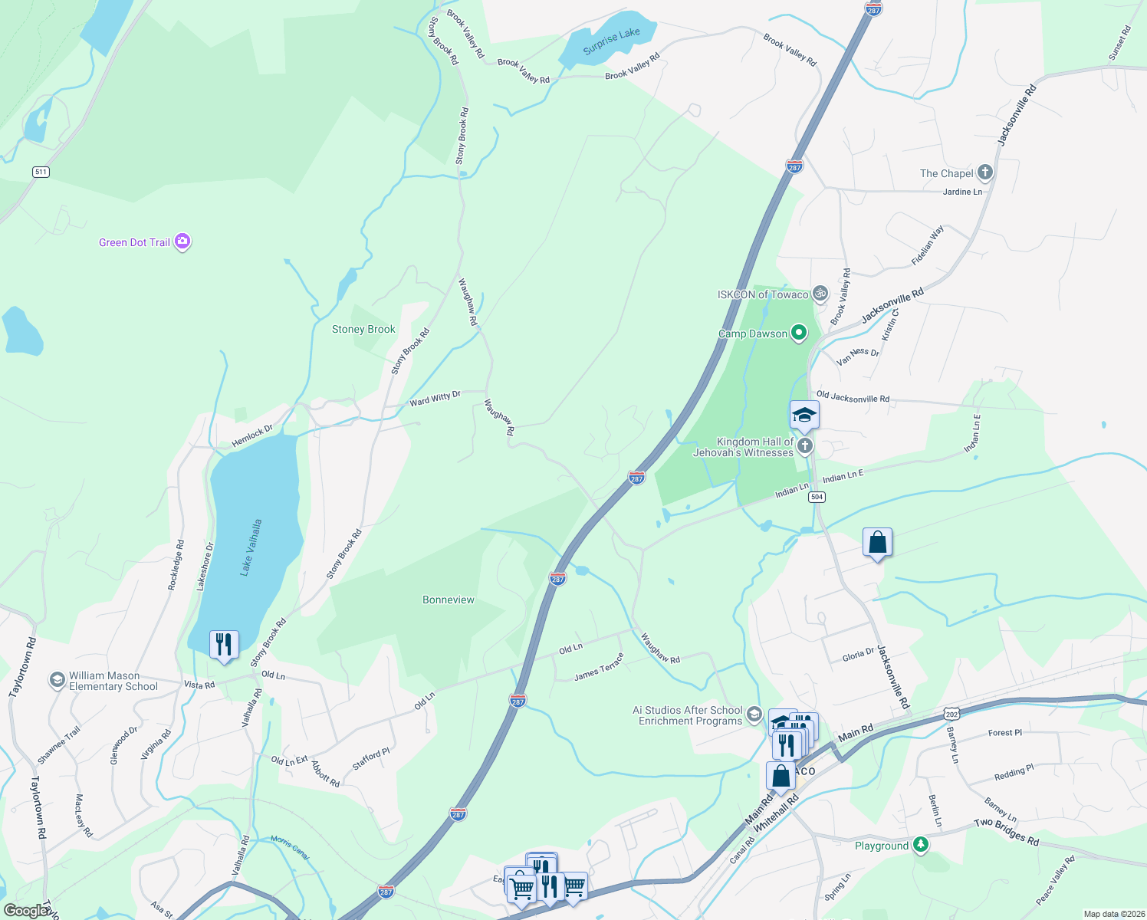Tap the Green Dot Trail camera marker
(x=182, y=242)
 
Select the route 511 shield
(x=41, y=172)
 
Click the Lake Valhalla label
(x=251, y=547)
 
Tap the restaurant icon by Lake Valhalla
(x=224, y=644)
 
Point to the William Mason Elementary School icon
(x=57, y=680)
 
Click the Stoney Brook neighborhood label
(x=363, y=329)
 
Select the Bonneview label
(x=449, y=600)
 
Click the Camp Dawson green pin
(x=799, y=333)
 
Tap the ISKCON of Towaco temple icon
(x=820, y=293)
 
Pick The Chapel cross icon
(x=985, y=172)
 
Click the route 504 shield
(x=817, y=497)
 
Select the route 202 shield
(x=951, y=714)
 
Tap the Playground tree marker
(x=921, y=845)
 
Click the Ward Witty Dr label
(x=435, y=399)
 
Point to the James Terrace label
(x=599, y=667)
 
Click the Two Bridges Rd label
(x=1006, y=832)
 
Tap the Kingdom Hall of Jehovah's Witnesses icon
(x=804, y=446)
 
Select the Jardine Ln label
(x=962, y=192)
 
